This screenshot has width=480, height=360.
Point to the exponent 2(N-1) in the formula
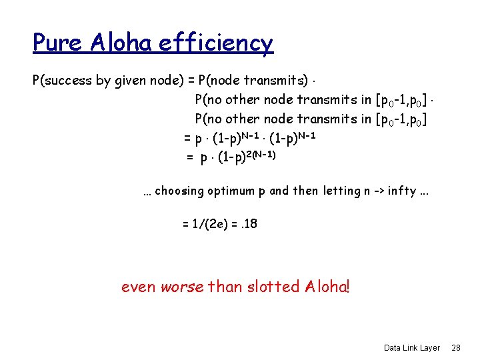point(261,154)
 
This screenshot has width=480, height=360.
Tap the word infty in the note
point(401,191)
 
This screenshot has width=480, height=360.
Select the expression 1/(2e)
point(209,224)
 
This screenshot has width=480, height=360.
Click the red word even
point(139,287)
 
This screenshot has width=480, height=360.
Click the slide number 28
point(456,348)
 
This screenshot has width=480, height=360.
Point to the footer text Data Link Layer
point(412,348)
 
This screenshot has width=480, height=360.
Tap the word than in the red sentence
point(226,287)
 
